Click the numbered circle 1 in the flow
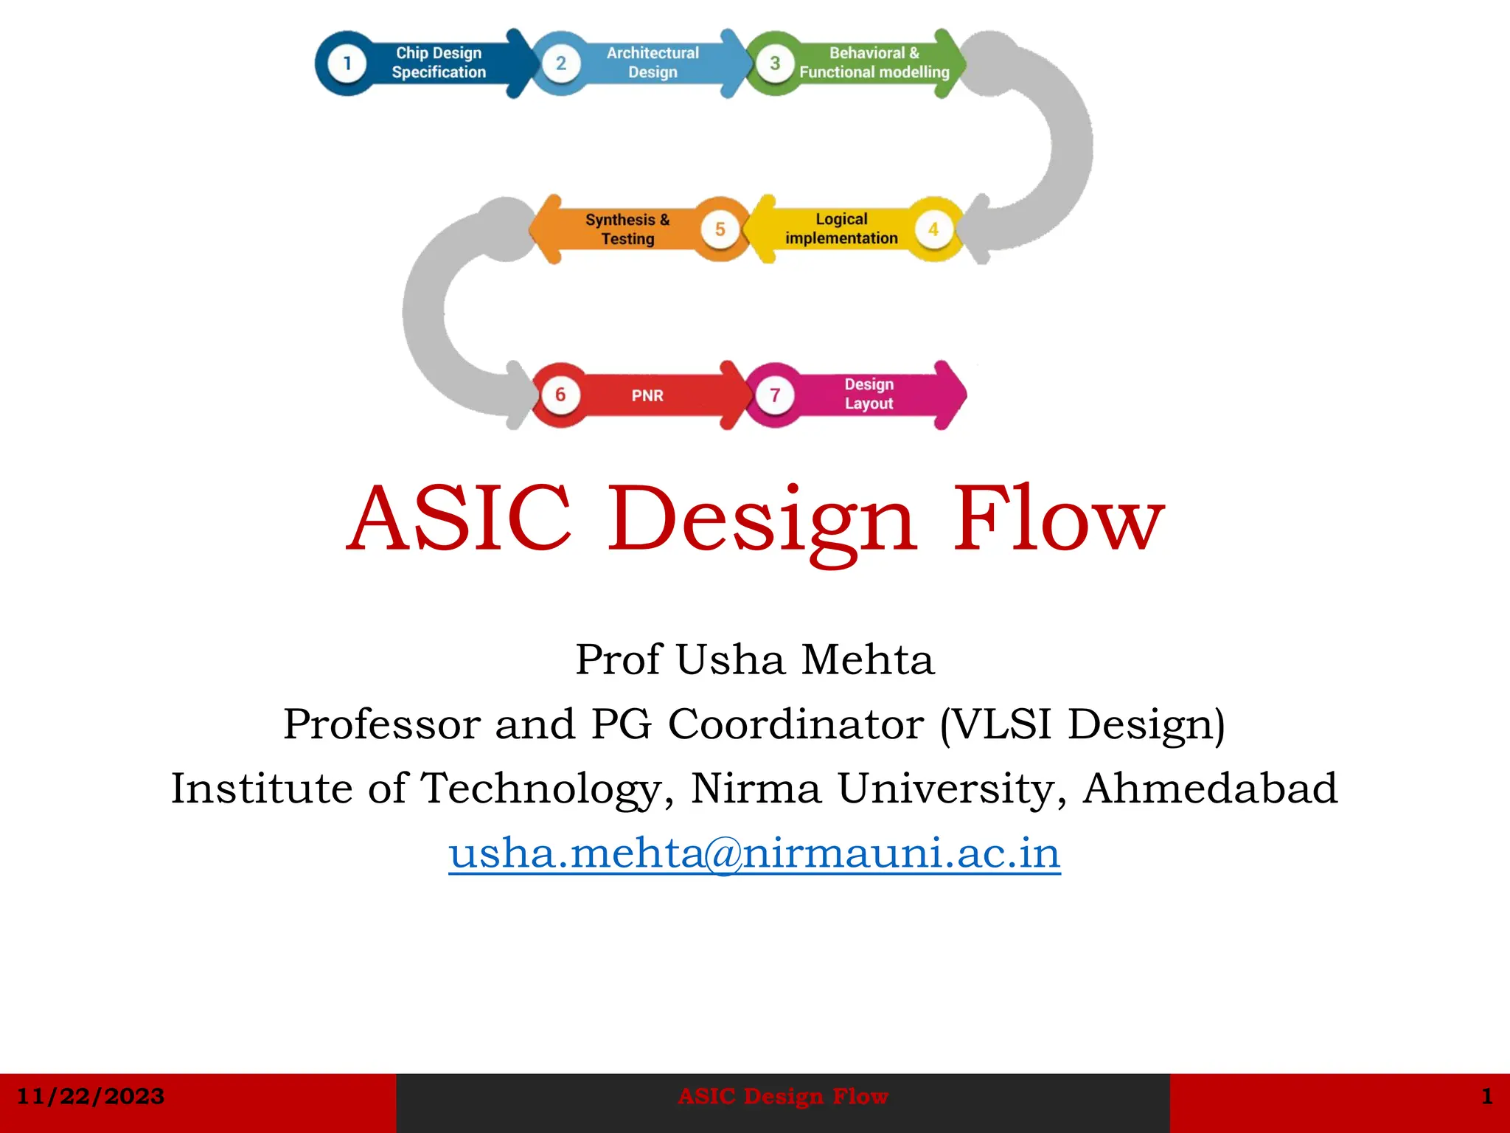[x=347, y=63]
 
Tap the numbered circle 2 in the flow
[x=561, y=63]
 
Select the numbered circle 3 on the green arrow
[x=775, y=63]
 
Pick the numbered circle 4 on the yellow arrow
[x=933, y=229]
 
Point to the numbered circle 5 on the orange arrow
[x=720, y=229]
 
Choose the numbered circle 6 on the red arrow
[x=560, y=395]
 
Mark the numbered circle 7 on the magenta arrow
[x=775, y=395]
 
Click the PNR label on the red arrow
[x=647, y=396]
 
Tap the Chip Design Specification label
[x=439, y=63]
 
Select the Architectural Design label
[x=653, y=63]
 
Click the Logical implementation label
[x=841, y=229]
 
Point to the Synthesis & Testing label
[x=627, y=229]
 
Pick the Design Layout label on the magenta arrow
[x=869, y=394]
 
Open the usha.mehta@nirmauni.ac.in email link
[x=754, y=853]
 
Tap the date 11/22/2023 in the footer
[x=90, y=1097]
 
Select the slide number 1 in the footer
[x=1487, y=1097]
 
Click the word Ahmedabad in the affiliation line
[x=1210, y=789]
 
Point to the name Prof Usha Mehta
[x=754, y=659]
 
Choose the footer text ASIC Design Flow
[x=783, y=1097]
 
